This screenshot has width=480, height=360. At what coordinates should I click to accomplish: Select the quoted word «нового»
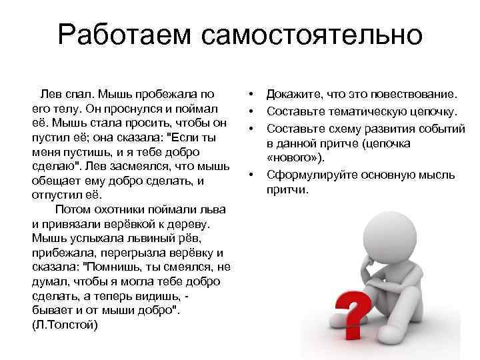point(293,159)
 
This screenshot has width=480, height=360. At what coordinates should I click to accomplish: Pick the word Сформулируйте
point(311,175)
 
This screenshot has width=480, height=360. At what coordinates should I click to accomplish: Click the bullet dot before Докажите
point(252,94)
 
